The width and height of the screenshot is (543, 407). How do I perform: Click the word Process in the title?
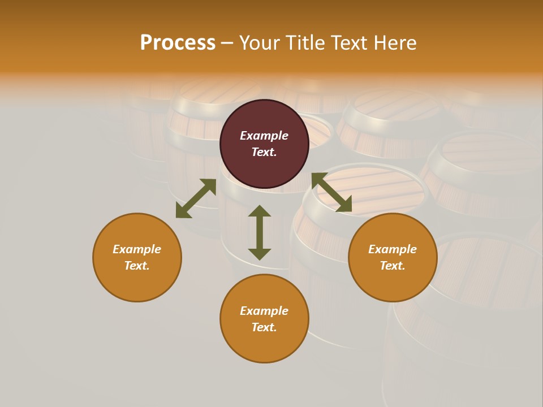(x=178, y=43)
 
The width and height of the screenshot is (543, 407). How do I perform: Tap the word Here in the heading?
(x=394, y=43)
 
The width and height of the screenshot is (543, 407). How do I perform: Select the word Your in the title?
(x=261, y=43)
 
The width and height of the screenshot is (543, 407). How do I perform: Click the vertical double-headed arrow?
(x=260, y=232)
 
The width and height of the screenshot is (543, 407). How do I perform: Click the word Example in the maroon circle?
(x=264, y=136)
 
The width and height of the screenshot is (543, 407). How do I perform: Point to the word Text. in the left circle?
(x=137, y=266)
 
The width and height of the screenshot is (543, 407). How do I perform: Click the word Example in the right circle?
(x=393, y=249)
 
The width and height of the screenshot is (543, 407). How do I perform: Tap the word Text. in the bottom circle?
(x=264, y=327)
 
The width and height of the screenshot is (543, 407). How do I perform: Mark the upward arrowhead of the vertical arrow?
(x=260, y=211)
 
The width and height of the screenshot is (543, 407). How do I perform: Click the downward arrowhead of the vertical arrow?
(x=260, y=254)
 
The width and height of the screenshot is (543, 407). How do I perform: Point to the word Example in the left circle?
(x=137, y=249)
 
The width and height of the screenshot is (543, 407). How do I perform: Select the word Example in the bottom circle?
(x=264, y=311)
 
